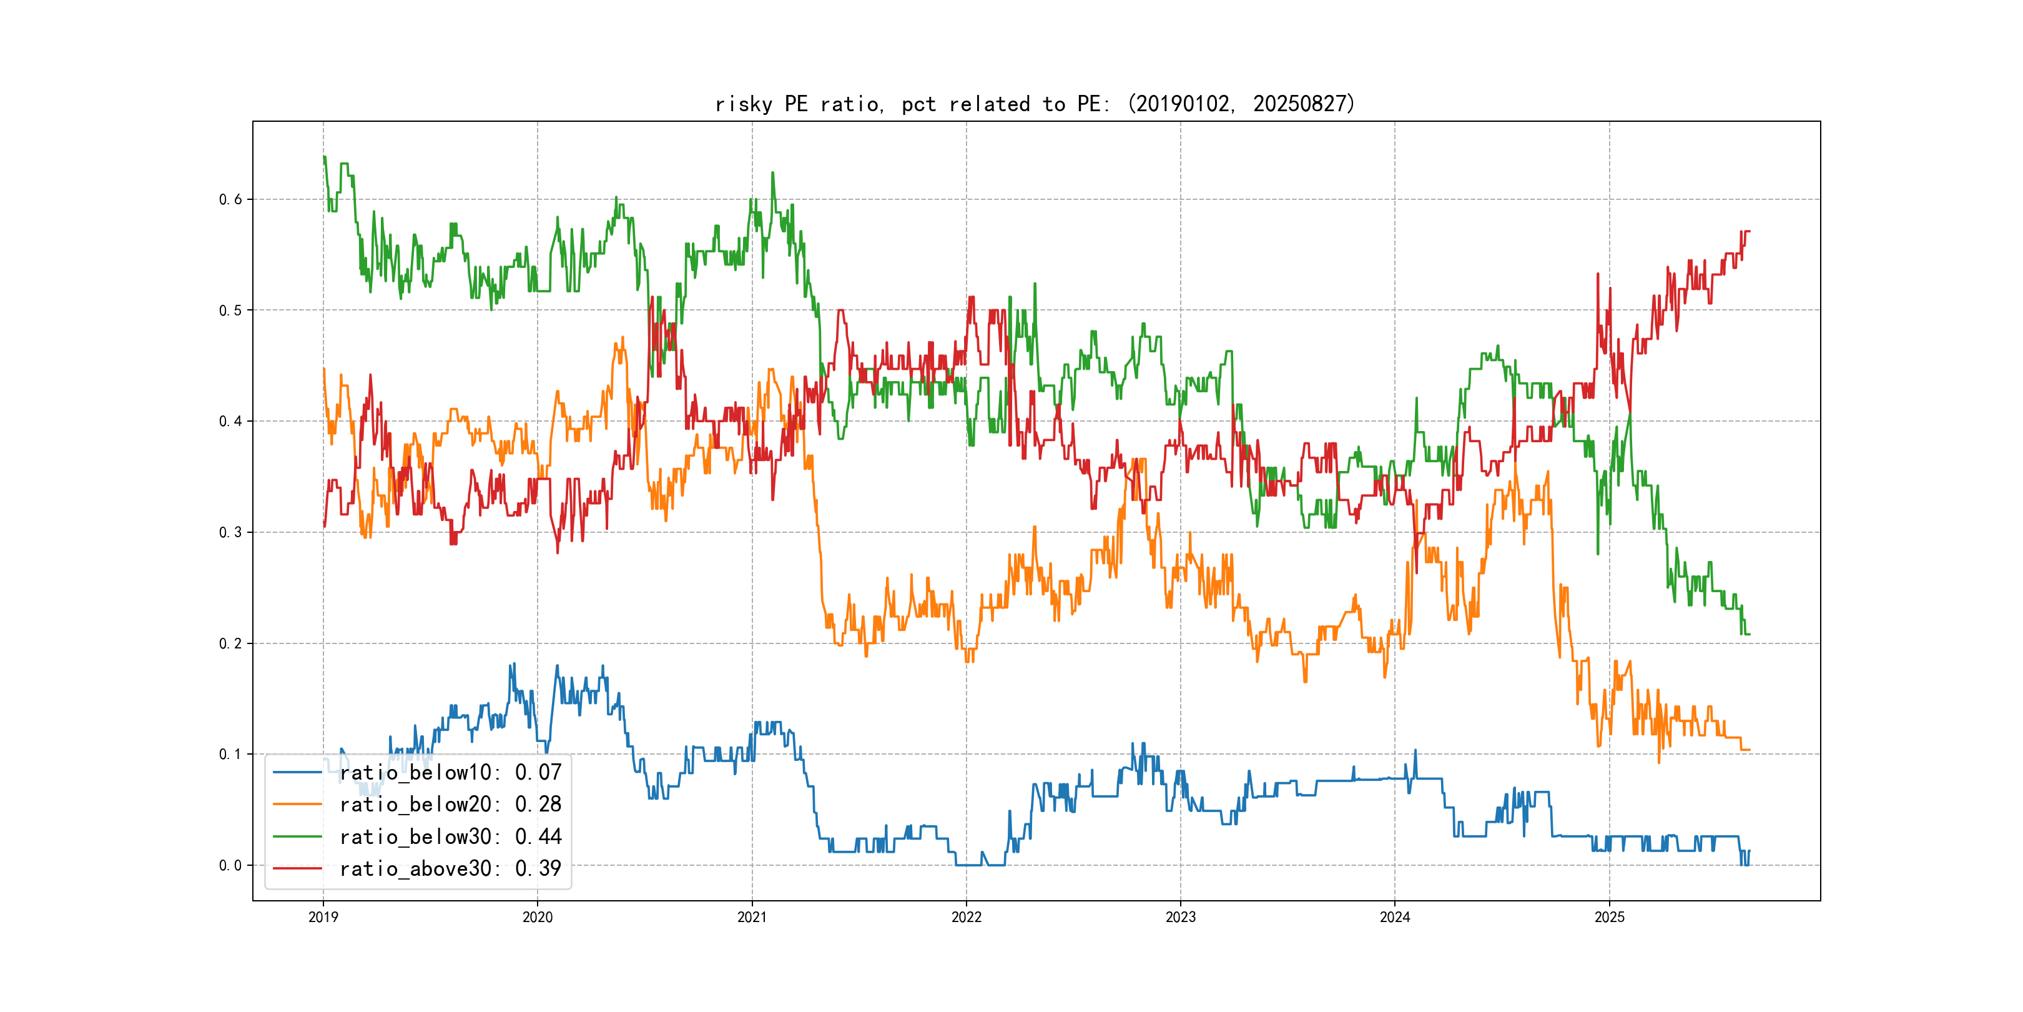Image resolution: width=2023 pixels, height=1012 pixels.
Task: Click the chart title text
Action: pyautogui.click(x=1035, y=104)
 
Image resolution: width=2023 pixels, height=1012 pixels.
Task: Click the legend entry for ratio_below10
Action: pyautogui.click(x=450, y=772)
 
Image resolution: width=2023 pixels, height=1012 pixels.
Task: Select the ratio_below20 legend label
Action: pyautogui.click(x=450, y=805)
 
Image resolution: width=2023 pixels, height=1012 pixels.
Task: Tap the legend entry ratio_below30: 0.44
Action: pyautogui.click(x=450, y=837)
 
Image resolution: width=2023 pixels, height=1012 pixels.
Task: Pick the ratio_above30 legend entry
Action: pyautogui.click(x=450, y=869)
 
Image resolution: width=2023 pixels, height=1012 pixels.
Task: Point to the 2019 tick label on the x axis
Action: pyautogui.click(x=323, y=917)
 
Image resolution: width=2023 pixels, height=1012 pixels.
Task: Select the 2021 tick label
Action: pyautogui.click(x=752, y=917)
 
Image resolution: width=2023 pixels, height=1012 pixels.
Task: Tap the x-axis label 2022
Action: pyautogui.click(x=966, y=917)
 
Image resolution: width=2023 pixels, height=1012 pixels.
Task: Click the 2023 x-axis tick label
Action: pyautogui.click(x=1180, y=917)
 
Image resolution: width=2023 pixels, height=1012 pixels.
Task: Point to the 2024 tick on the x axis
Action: pyautogui.click(x=1395, y=917)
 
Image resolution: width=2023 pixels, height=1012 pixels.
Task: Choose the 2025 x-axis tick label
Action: pyautogui.click(x=1609, y=917)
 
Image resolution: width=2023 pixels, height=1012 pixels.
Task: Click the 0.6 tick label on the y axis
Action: pyautogui.click(x=230, y=199)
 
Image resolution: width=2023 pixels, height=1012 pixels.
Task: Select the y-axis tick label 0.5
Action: pyautogui.click(x=230, y=310)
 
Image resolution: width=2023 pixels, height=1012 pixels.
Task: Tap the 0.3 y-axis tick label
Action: pyautogui.click(x=230, y=533)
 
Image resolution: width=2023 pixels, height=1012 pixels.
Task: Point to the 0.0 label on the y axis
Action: pyautogui.click(x=230, y=866)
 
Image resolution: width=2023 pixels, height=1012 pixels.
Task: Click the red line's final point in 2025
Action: pyautogui.click(x=1749, y=232)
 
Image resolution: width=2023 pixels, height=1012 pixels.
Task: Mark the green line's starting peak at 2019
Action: pyautogui.click(x=323, y=157)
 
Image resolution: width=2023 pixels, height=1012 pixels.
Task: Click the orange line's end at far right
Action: pyautogui.click(x=1749, y=750)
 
